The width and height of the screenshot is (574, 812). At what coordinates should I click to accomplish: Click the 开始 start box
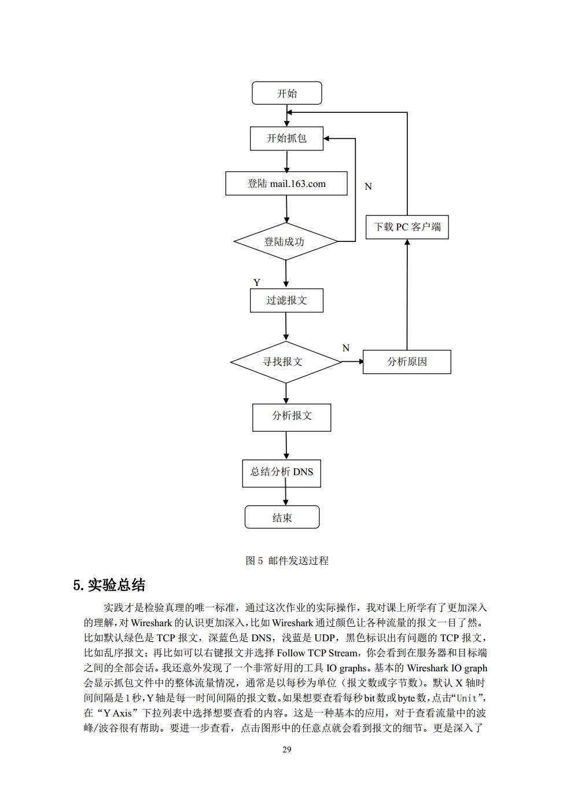pyautogui.click(x=286, y=93)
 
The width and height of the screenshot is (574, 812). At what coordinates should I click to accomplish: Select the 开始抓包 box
pyautogui.click(x=286, y=138)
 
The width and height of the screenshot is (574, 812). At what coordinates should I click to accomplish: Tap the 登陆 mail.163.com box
pyautogui.click(x=286, y=183)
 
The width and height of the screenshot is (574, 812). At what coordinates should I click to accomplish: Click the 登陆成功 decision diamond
pyautogui.click(x=285, y=241)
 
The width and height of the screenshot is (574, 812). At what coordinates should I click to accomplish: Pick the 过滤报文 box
pyautogui.click(x=286, y=300)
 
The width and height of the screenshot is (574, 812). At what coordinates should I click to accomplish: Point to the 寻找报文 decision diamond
pyautogui.click(x=285, y=362)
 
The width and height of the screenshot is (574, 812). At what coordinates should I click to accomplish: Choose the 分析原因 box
pyautogui.click(x=406, y=362)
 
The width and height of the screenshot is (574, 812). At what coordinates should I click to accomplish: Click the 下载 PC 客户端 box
pyautogui.click(x=407, y=227)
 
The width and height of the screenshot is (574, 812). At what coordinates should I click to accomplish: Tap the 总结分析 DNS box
pyautogui.click(x=281, y=472)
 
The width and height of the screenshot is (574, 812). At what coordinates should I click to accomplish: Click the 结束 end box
pyautogui.click(x=282, y=517)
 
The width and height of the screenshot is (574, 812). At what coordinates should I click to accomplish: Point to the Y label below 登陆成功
pyautogui.click(x=257, y=282)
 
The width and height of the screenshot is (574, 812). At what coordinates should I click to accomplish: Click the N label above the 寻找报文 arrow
pyautogui.click(x=346, y=348)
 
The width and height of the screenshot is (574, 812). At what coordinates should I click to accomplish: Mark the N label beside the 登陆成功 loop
pyautogui.click(x=368, y=186)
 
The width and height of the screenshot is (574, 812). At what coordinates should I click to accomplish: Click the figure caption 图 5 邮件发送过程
pyautogui.click(x=287, y=560)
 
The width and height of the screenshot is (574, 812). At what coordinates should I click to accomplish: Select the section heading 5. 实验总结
pyautogui.click(x=109, y=585)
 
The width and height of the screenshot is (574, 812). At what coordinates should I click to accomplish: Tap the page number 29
pyautogui.click(x=286, y=749)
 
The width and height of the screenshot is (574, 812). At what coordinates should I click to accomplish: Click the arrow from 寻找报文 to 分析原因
pyautogui.click(x=352, y=362)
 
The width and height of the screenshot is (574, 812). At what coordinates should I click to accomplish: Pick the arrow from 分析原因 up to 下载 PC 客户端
pyautogui.click(x=407, y=295)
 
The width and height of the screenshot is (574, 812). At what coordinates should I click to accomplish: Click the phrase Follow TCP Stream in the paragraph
pyautogui.click(x=318, y=653)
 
